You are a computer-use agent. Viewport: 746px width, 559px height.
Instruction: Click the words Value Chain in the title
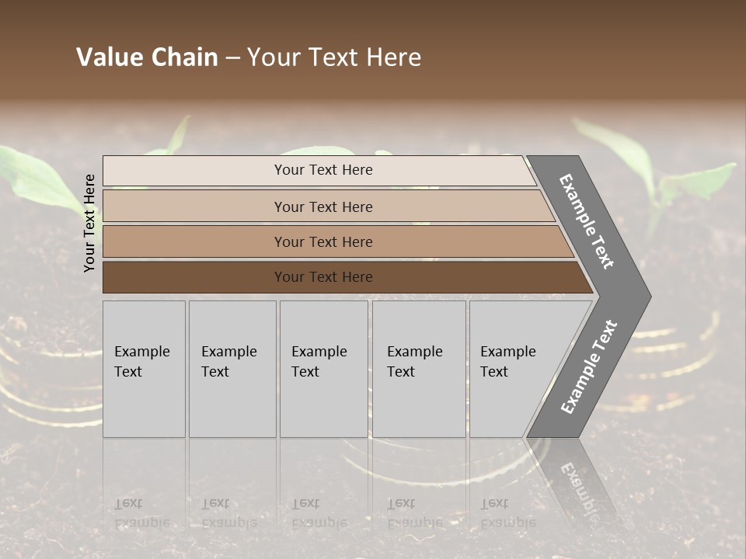(x=147, y=57)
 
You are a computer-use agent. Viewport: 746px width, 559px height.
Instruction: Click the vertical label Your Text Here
(x=89, y=223)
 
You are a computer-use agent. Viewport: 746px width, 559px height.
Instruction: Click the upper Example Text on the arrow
(x=587, y=221)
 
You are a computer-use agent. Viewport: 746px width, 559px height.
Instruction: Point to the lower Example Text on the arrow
(x=589, y=366)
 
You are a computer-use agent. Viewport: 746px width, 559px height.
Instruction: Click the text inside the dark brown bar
(x=323, y=277)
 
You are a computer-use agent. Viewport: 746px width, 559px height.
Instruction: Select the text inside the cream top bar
(x=323, y=170)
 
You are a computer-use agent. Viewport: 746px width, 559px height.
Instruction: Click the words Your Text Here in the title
(x=334, y=57)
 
